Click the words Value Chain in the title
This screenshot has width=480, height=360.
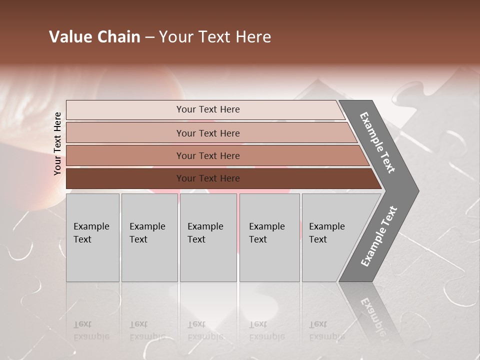click(94, 37)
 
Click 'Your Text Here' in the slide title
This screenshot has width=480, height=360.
click(215, 37)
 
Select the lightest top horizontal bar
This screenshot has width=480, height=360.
click(125, 109)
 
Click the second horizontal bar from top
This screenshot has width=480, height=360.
click(125, 133)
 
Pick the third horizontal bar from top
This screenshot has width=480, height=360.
click(125, 155)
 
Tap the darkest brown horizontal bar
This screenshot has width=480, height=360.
click(125, 178)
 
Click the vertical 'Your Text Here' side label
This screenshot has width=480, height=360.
click(57, 143)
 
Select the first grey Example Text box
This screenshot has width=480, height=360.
click(92, 237)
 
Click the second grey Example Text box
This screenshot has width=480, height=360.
click(149, 237)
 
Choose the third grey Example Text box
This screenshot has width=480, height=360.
click(208, 237)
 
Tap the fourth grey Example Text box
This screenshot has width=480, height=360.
click(269, 237)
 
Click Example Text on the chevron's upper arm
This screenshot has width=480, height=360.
click(377, 142)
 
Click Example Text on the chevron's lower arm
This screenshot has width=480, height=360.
click(379, 236)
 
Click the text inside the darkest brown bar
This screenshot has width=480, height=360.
click(208, 178)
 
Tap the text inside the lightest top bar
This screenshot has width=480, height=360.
click(208, 109)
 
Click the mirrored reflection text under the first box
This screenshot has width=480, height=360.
click(91, 330)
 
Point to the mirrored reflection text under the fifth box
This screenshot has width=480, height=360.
click(326, 330)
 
